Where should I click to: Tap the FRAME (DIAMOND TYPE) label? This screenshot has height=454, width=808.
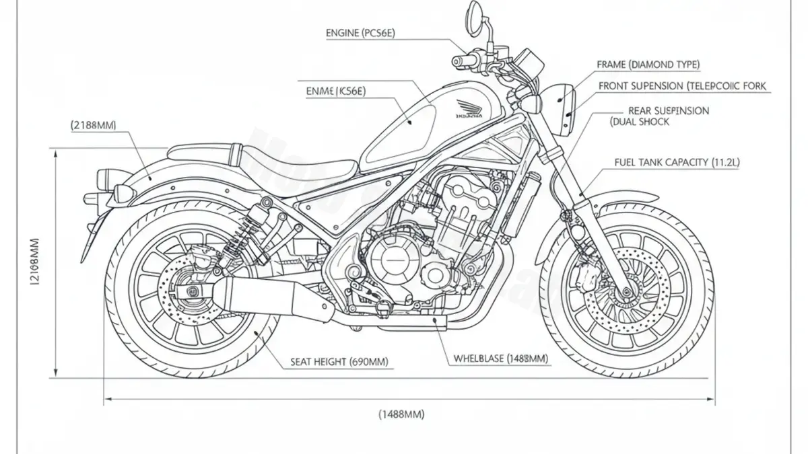[x=648, y=65]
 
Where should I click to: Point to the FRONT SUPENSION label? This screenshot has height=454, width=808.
[x=682, y=87]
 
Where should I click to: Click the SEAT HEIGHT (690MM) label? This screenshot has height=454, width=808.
[x=339, y=362]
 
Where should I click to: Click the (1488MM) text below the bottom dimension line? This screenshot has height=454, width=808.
[x=401, y=414]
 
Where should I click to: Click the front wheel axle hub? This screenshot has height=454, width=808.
[x=628, y=292]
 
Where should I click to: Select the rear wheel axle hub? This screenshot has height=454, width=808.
[x=193, y=291]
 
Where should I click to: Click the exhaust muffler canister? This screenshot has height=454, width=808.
[x=283, y=299]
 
